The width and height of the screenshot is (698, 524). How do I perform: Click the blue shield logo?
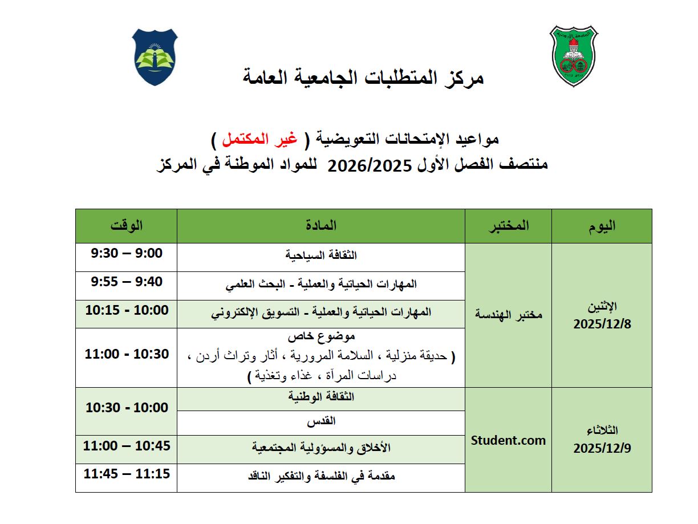[x=155, y=57]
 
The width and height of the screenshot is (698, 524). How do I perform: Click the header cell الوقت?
[x=127, y=226]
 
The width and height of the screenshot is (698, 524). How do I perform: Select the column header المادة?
[x=321, y=226]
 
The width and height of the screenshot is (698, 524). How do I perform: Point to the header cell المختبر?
[x=508, y=226]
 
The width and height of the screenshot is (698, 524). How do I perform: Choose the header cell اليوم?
[x=602, y=226]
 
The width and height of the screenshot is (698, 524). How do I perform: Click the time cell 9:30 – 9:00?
[x=127, y=253]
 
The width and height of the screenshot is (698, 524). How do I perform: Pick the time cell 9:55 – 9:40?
[x=127, y=282]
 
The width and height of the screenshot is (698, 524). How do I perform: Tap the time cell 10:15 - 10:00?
[x=127, y=310]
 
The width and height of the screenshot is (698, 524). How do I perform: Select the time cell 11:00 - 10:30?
[x=127, y=354]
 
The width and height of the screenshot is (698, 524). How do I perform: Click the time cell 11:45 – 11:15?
[x=127, y=474]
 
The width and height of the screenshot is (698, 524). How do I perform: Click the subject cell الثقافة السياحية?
[x=321, y=255]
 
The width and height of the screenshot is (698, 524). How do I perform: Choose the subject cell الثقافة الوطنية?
[x=321, y=396]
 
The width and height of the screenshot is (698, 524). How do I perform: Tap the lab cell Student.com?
[x=508, y=440]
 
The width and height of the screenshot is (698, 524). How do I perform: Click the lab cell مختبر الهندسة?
[x=508, y=315]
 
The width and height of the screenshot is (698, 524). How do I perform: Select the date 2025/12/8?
[x=602, y=324]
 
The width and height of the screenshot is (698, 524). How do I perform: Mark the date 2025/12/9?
[x=602, y=448]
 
